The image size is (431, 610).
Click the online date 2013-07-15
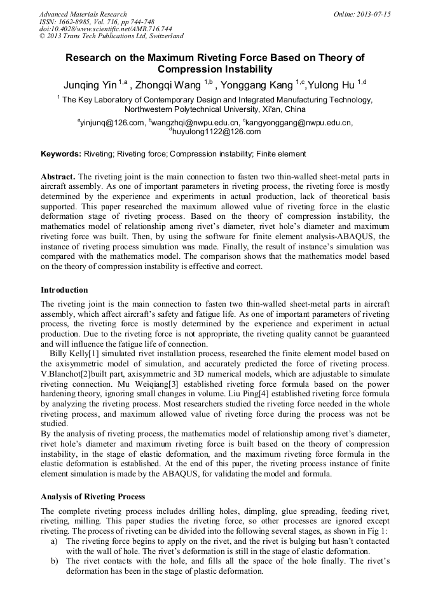point(373,14)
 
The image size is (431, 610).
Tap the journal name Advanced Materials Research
point(83,14)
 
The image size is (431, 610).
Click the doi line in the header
point(106,29)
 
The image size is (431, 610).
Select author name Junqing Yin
point(90,85)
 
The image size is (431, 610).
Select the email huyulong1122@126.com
point(216,132)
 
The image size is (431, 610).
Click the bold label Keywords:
point(61,154)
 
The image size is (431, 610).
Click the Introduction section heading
point(64,290)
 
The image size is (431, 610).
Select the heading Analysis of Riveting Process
point(93,496)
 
